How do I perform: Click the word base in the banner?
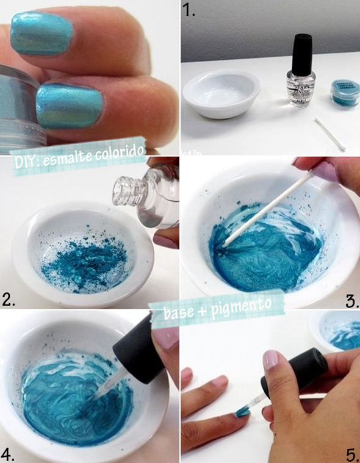pos(179,315)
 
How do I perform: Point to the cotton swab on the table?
pos(329,134)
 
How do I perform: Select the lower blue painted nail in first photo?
pos(67,106)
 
